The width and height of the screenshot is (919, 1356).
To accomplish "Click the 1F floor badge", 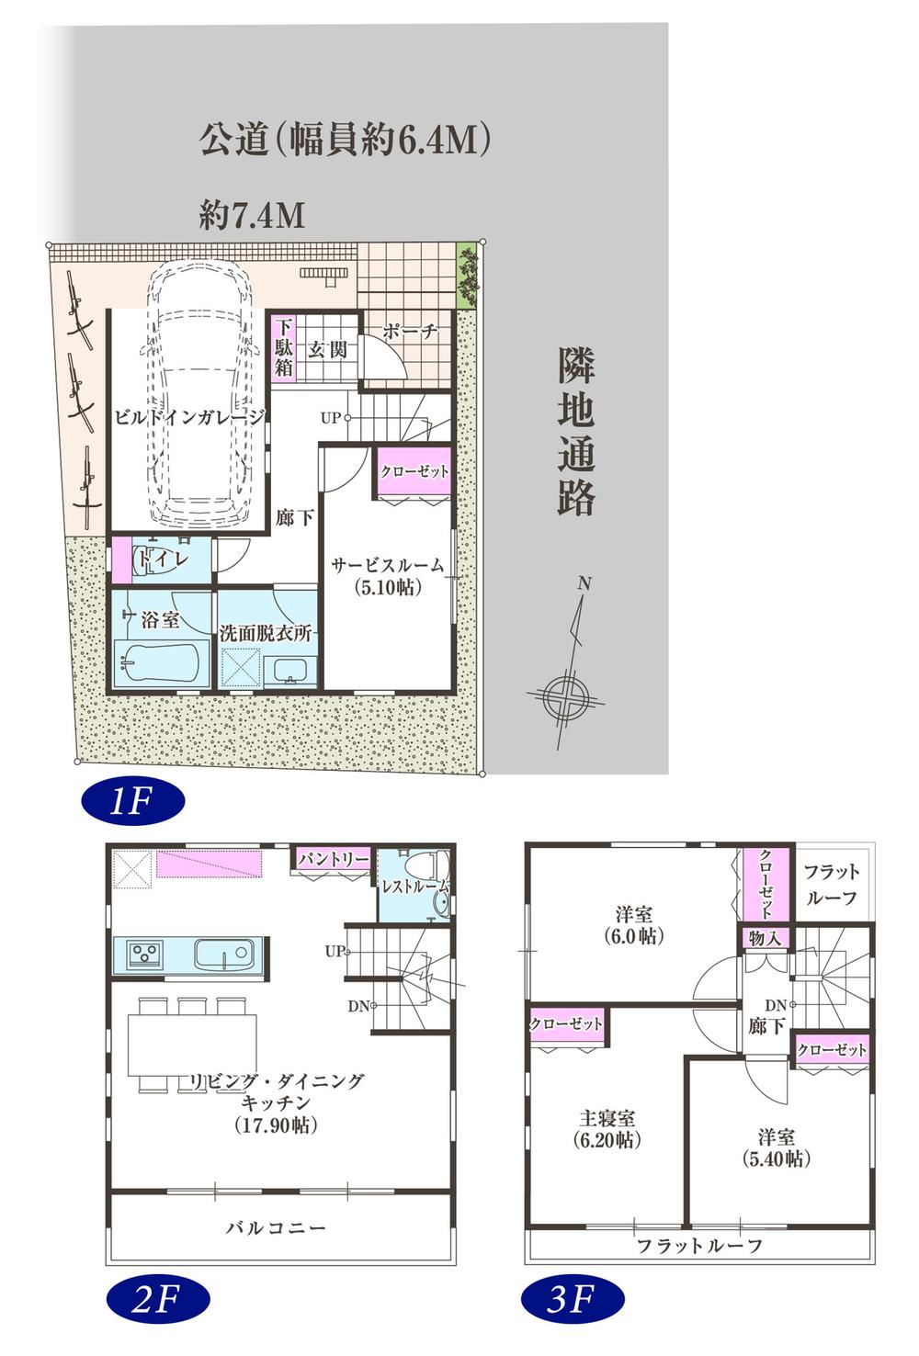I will pos(131,801).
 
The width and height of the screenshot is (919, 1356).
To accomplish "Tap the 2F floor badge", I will pos(157,1299).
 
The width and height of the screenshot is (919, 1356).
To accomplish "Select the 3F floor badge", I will pos(573,1299).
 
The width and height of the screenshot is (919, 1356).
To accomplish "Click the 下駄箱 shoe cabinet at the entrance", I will pos(283,346).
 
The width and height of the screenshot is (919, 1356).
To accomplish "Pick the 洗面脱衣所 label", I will pos(265,633).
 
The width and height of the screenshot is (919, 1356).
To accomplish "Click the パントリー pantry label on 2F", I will pos(333,859).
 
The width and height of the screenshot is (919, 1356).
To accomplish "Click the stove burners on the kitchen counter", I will pos(144,955).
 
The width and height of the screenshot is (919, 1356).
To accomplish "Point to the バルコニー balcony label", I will pos(276,1227).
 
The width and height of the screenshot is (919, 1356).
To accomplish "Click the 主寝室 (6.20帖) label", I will pos(607,1129).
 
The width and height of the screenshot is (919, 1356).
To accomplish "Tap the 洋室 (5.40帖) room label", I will pos(776,1147).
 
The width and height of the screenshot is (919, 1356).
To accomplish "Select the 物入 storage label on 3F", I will pos(765,939).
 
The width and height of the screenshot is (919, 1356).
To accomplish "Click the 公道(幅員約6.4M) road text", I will pos(345,140).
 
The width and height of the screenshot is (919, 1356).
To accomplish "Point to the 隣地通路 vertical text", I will pos(576,432).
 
